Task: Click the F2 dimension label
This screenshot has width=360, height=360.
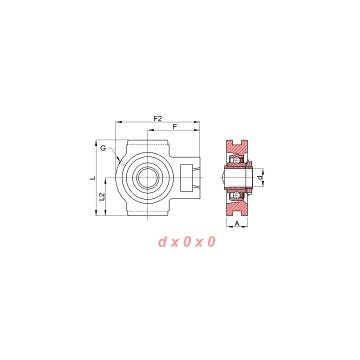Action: (x=157, y=118)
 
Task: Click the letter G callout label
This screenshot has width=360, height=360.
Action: (x=103, y=148)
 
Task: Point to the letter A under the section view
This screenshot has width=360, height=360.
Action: (x=237, y=223)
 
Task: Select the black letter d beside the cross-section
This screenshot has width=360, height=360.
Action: (x=259, y=177)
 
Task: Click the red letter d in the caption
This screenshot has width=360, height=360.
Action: (x=162, y=242)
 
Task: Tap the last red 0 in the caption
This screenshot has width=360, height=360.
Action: (x=211, y=242)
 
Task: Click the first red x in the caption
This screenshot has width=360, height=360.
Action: (x=174, y=243)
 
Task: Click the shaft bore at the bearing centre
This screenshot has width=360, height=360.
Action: (x=147, y=177)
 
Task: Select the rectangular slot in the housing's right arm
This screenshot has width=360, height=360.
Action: (x=186, y=177)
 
